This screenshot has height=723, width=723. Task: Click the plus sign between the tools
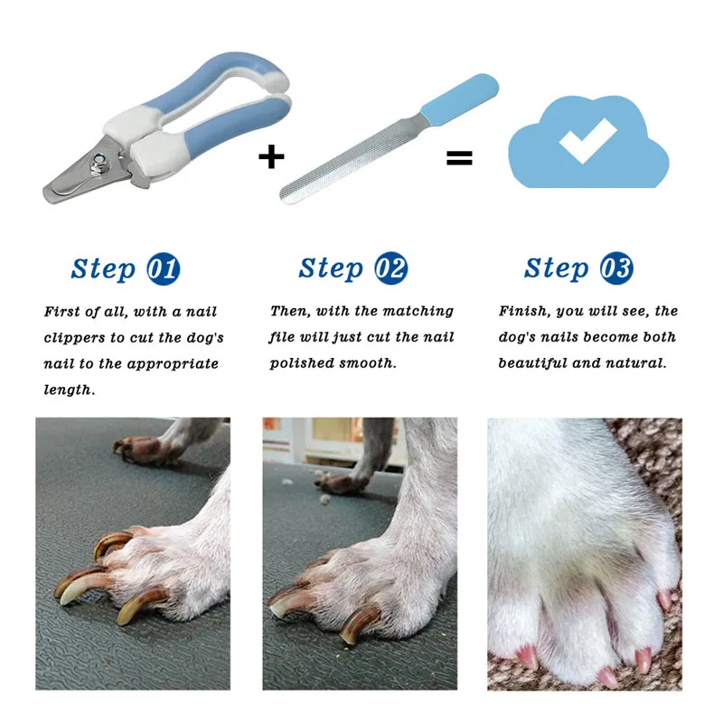click(271, 156)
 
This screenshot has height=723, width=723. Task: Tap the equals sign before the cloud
click(459, 158)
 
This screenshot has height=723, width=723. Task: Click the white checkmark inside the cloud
click(587, 140)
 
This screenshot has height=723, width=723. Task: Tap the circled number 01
click(164, 268)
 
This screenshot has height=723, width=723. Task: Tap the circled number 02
click(390, 268)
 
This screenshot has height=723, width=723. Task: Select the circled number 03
click(616, 268)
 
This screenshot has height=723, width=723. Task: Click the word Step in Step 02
click(331, 268)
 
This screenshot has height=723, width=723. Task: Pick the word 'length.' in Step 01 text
click(70, 390)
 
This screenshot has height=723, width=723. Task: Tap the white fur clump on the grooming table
click(326, 499)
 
